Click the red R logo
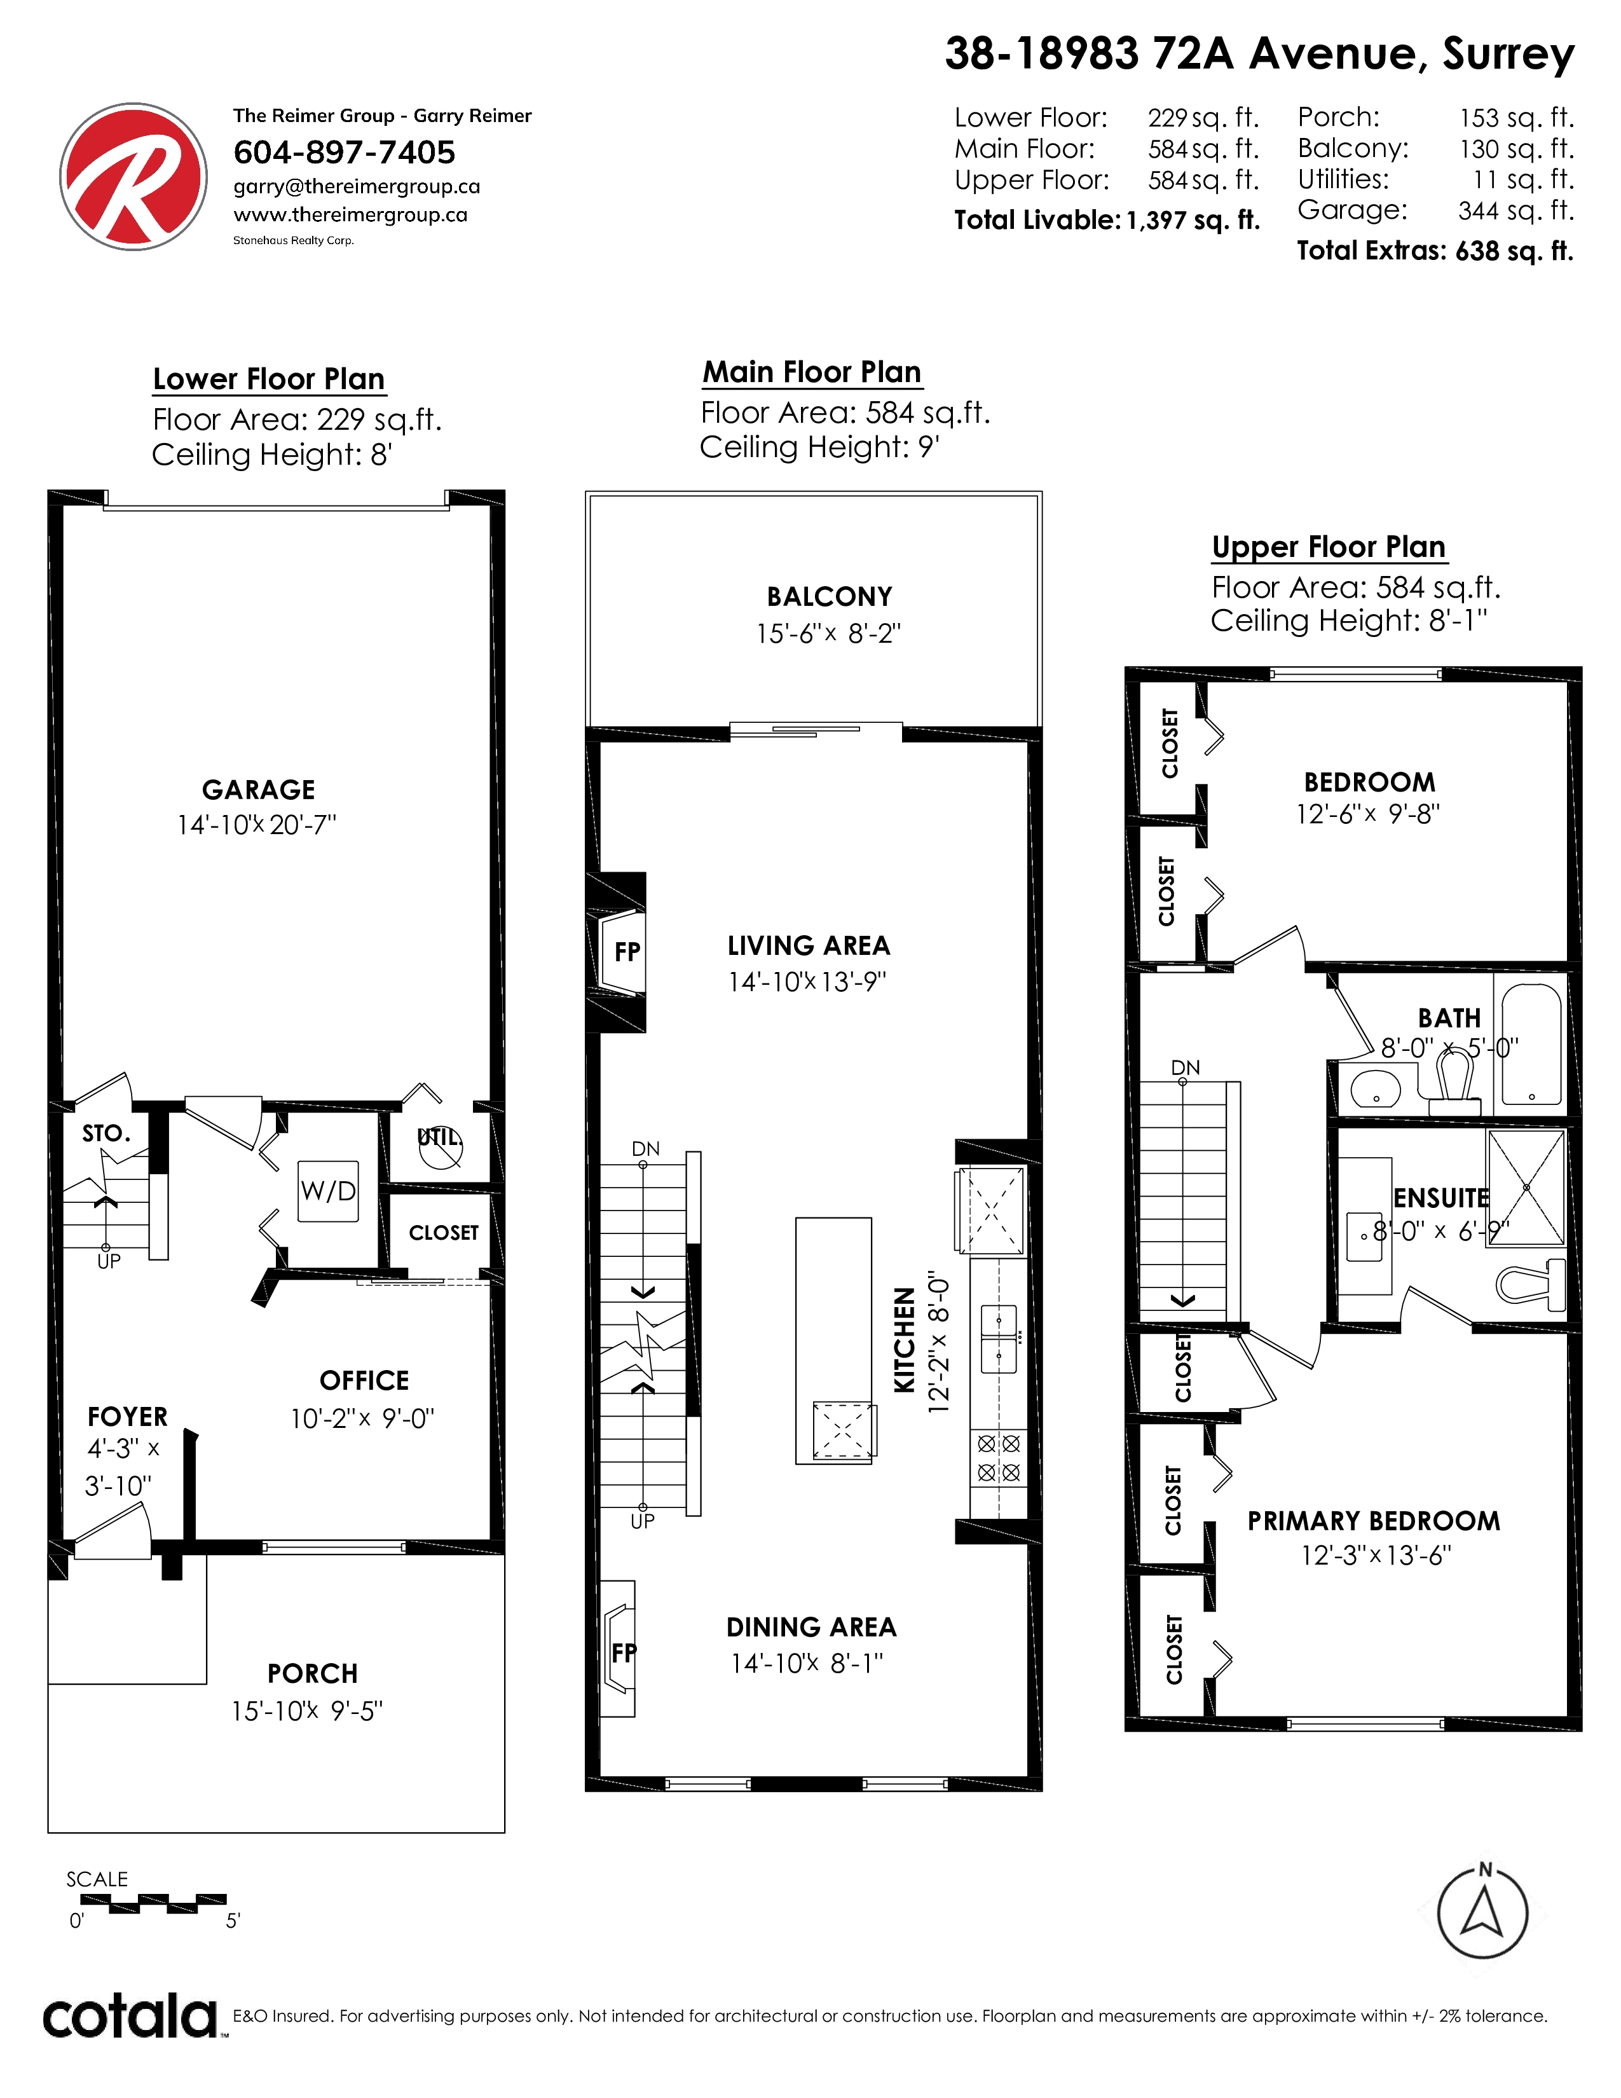[x=133, y=177]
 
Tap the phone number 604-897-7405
[x=344, y=152]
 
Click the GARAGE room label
[x=258, y=790]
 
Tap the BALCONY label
[x=830, y=596]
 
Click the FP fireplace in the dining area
[x=619, y=1649]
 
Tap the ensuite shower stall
[x=1525, y=1188]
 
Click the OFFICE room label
[x=364, y=1380]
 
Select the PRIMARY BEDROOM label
[x=1373, y=1521]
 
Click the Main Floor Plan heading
[x=812, y=372]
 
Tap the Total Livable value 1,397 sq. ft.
[x=1193, y=220]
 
